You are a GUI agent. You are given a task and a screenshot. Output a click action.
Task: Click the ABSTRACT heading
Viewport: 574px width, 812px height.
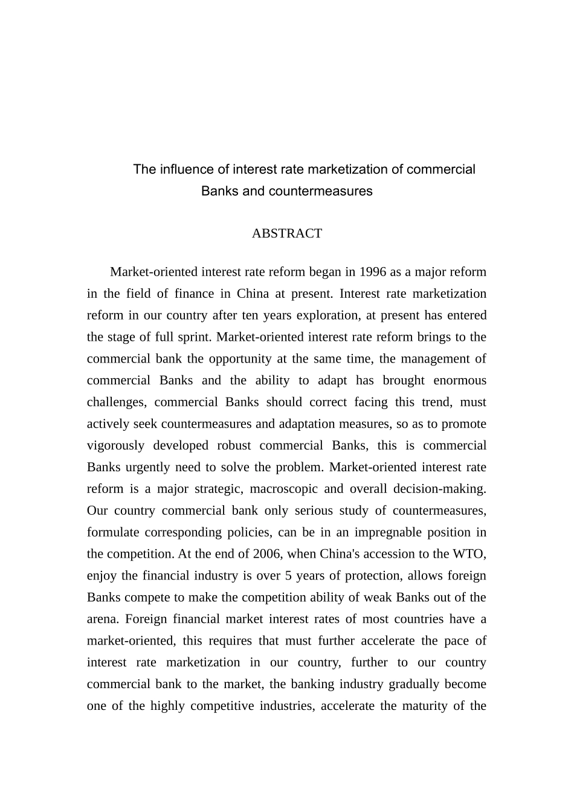tap(286, 233)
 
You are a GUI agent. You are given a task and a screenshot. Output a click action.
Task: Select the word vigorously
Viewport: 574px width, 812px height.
tap(115, 446)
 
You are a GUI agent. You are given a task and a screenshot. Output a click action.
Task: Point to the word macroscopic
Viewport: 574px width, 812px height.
tap(283, 489)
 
